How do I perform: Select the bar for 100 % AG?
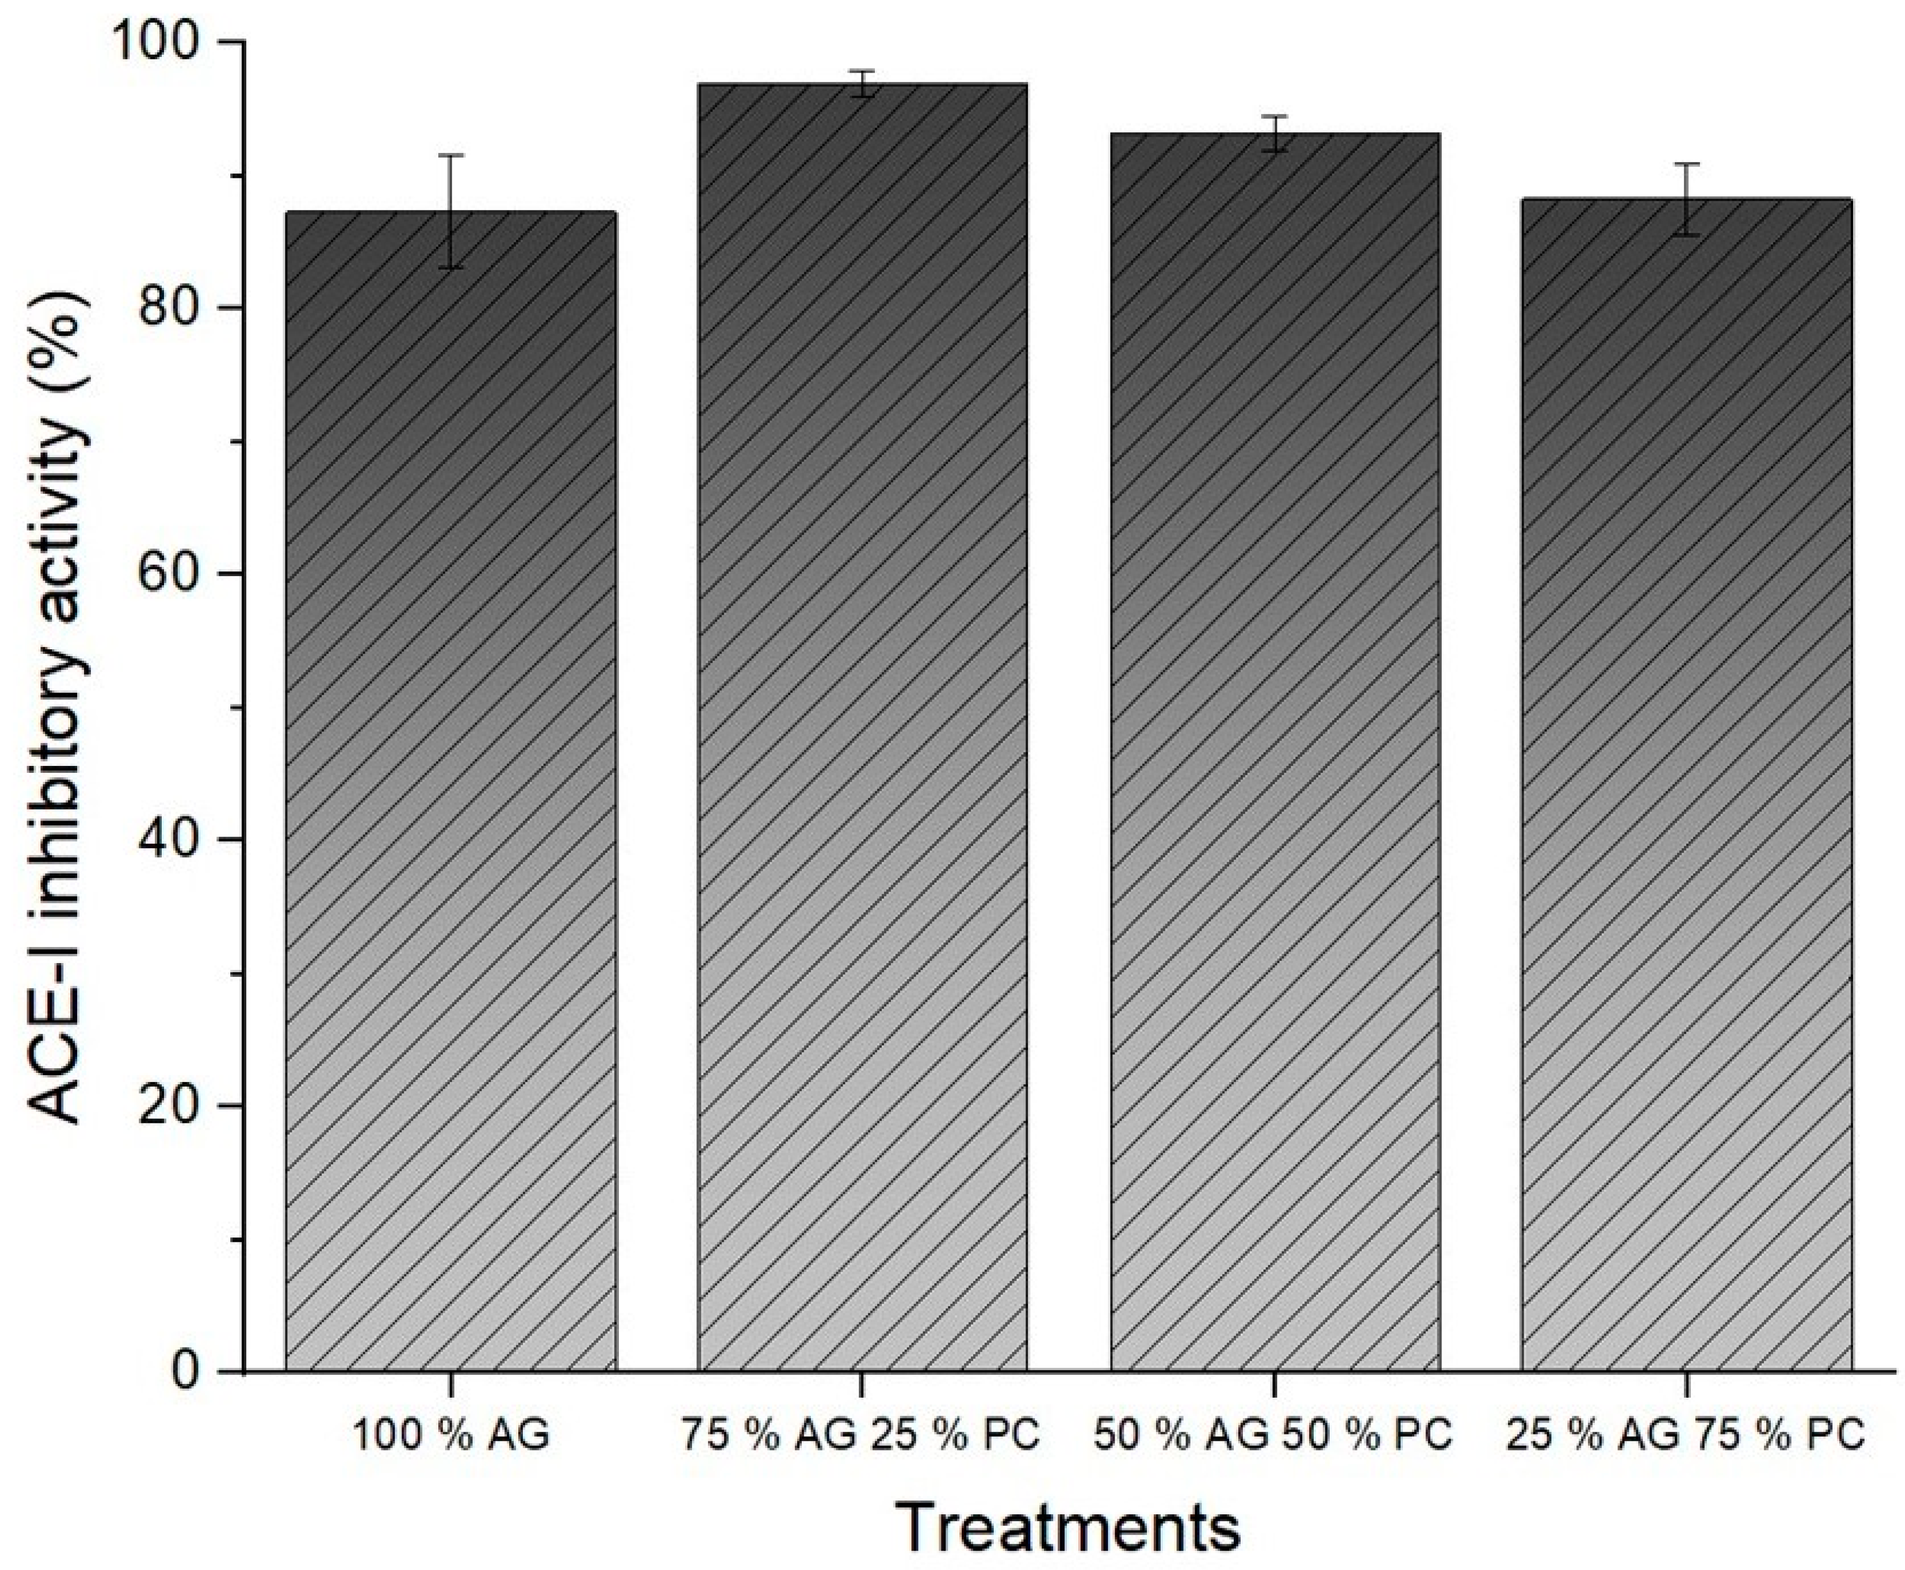point(450,791)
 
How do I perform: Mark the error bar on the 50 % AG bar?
point(1275,134)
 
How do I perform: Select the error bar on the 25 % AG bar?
point(1686,199)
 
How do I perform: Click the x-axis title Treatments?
point(1069,1528)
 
